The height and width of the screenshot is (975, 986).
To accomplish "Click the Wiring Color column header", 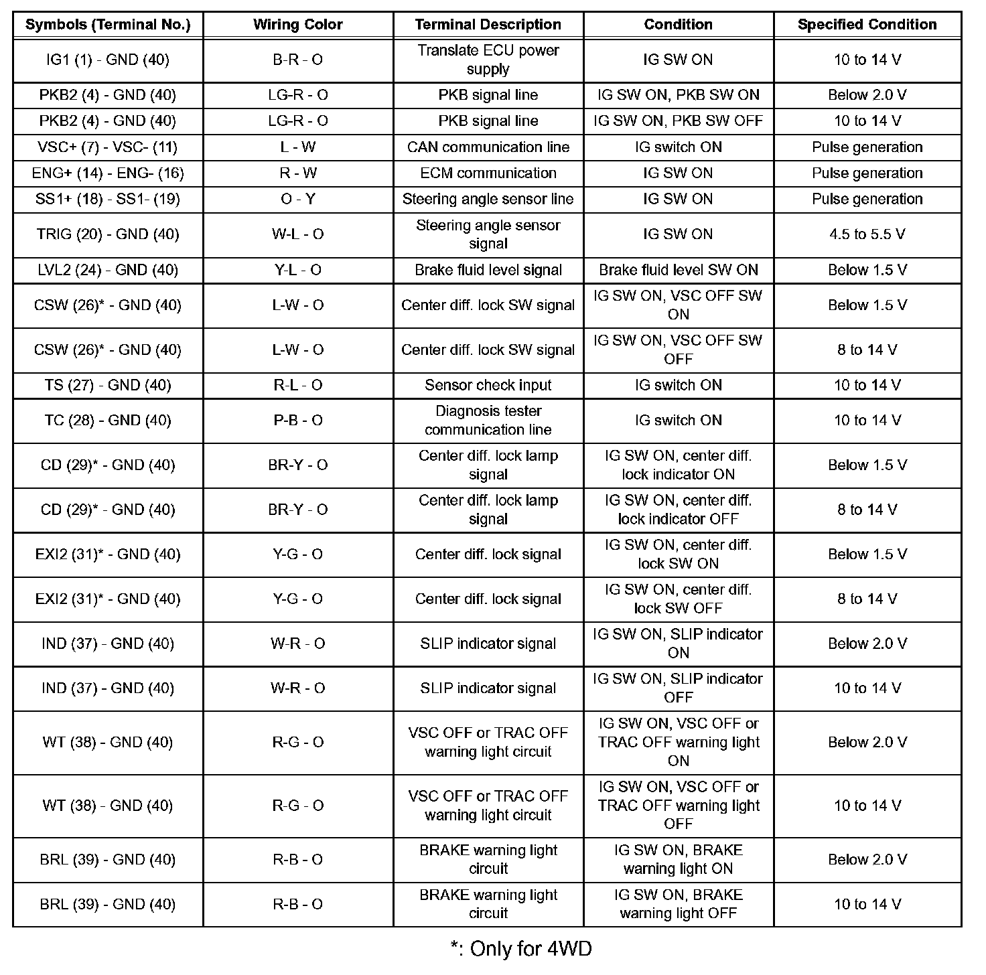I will (x=297, y=25).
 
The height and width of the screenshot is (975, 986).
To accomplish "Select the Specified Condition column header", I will (x=867, y=25).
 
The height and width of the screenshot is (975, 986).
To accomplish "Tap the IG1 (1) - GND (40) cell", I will (x=108, y=60).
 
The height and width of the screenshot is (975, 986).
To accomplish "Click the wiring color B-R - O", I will (x=297, y=60).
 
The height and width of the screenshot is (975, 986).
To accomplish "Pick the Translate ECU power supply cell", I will (x=488, y=60).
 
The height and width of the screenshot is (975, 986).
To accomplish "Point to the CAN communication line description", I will (x=488, y=147).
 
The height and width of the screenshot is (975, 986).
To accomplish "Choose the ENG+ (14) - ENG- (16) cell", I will (x=108, y=173).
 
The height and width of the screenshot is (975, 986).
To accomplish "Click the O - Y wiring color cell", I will (x=297, y=200).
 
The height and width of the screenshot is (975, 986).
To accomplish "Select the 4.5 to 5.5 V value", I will (x=867, y=234).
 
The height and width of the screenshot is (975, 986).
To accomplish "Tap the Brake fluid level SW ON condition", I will (x=678, y=270).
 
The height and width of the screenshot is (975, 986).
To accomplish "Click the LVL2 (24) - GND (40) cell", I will (x=108, y=270).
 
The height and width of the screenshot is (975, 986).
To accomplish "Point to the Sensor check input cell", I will (x=488, y=385).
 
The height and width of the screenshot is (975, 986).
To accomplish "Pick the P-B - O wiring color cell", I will (x=297, y=421).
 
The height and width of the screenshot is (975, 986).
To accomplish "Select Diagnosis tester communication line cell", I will (x=488, y=421).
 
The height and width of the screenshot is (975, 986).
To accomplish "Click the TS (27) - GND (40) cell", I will (x=108, y=385).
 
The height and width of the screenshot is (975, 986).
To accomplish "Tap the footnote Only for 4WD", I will (x=521, y=949).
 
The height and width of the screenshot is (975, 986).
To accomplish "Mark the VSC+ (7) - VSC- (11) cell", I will (x=108, y=147).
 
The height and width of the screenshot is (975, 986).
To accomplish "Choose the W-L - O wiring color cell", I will (x=297, y=234).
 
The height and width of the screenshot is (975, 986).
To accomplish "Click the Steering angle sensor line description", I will (x=488, y=200).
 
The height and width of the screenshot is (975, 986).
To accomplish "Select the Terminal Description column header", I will (x=488, y=25).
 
